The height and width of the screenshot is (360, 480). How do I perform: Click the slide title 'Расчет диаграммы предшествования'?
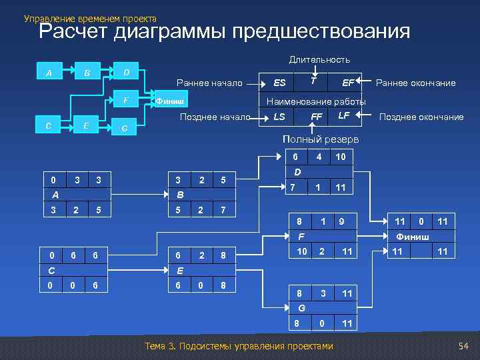coord(224,31)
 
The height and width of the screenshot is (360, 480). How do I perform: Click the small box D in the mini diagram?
coord(127,72)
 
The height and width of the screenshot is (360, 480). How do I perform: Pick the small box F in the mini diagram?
coord(127,101)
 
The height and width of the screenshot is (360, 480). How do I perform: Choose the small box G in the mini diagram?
coord(125,128)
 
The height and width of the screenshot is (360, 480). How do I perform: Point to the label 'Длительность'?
coord(319,59)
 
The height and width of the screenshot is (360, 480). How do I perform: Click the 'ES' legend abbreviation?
coord(280,83)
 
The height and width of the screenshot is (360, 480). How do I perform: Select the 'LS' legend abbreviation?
coord(280,117)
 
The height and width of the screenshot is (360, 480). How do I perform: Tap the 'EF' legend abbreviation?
coord(348,83)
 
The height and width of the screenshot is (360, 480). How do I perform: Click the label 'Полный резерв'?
coord(321,139)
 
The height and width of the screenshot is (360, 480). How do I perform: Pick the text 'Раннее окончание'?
coord(416,83)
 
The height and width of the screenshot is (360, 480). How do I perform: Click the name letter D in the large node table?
coord(298,172)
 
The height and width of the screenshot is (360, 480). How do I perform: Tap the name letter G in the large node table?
coord(301,308)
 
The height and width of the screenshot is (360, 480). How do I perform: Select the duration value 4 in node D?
coord(319,157)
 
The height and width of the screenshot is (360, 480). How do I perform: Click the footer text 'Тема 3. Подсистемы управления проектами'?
coord(238,346)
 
